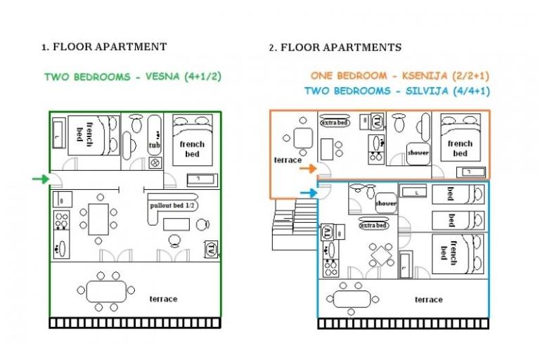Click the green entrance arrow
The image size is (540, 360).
(41, 179)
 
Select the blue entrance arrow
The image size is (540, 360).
(308, 193)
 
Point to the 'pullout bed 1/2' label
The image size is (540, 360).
(172, 205)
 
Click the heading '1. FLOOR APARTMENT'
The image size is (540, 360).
(104, 47)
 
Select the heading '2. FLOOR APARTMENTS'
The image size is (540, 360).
(335, 48)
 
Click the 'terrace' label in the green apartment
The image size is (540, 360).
(163, 299)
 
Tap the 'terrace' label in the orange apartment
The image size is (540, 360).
(288, 160)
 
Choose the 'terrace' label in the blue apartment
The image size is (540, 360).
(428, 300)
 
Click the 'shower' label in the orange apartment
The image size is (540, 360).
(418, 152)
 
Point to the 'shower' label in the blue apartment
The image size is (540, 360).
(386, 204)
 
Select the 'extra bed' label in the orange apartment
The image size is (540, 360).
(335, 122)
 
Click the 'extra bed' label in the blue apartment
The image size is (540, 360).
(373, 226)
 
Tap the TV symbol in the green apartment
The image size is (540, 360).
(210, 248)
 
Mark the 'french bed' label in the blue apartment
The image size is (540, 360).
(444, 251)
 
